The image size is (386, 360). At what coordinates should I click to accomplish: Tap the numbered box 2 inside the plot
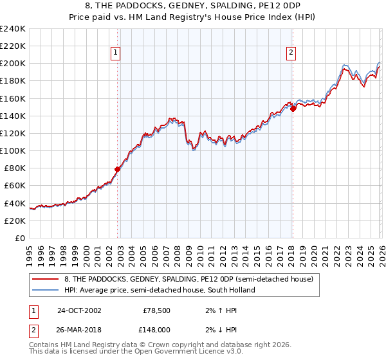291,53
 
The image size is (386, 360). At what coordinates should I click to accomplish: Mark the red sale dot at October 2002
117,170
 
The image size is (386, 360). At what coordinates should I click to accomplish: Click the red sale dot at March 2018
293,109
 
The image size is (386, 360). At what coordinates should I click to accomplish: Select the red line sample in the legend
46,279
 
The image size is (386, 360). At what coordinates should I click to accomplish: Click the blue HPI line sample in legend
46,290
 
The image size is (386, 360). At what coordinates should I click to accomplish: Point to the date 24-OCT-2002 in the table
78,310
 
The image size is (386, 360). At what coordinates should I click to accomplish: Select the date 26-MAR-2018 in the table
78,329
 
